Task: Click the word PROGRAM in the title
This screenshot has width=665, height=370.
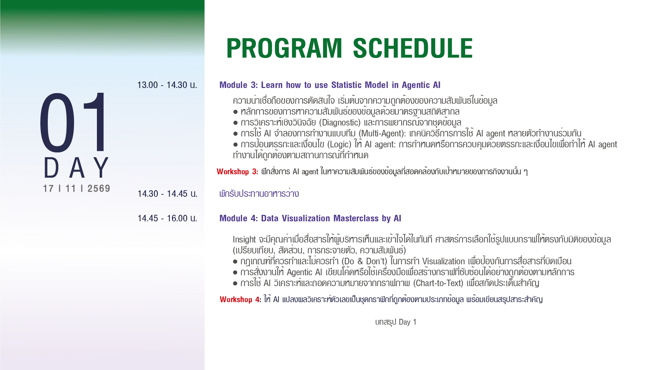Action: tap(284, 48)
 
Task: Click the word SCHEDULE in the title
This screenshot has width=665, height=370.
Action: tap(413, 48)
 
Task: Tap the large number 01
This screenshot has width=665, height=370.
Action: tap(74, 122)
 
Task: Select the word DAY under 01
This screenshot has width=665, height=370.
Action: tap(76, 168)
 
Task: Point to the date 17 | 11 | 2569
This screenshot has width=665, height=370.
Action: tap(76, 189)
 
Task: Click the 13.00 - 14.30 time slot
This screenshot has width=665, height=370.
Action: tap(167, 85)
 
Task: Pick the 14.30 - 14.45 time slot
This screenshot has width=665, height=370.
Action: tap(168, 194)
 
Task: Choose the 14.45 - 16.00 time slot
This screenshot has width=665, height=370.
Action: tap(168, 218)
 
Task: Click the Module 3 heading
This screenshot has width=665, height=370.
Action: tap(330, 85)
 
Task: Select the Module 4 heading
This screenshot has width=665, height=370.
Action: tap(310, 218)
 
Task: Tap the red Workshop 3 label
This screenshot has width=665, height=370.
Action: tap(237, 172)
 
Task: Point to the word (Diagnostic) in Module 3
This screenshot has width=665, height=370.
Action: tap(339, 122)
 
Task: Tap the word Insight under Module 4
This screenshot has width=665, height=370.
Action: tap(244, 239)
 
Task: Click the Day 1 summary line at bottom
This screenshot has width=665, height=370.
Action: tap(396, 322)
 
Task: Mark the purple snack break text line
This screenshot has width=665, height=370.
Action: tap(259, 193)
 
